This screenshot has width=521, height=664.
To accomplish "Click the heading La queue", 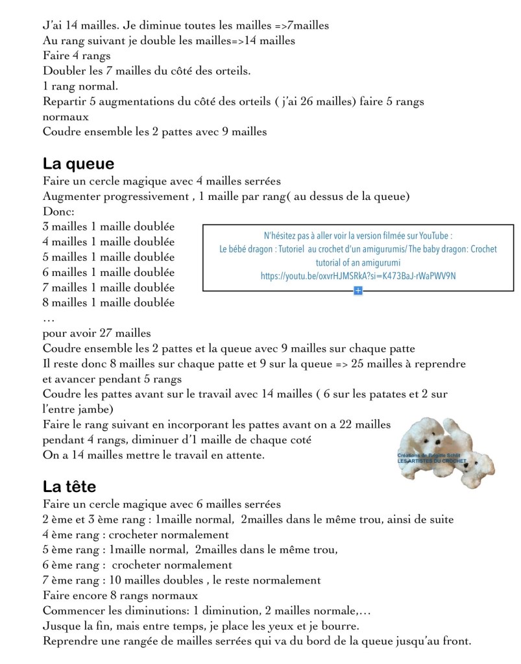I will coord(79,163).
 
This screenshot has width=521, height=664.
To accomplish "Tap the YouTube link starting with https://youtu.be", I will coord(358,276).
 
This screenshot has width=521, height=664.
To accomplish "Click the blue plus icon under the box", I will coord(357,290).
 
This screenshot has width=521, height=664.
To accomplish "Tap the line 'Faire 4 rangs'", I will coord(77,55).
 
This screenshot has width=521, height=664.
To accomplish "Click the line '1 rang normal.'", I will coord(80,86).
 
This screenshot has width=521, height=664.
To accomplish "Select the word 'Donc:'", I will coord(59,212).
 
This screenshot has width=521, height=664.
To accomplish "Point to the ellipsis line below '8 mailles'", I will coord(49,317).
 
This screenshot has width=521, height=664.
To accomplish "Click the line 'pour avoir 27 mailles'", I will coord(97,333).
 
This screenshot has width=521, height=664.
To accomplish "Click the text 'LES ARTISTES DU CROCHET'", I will coord(431,461).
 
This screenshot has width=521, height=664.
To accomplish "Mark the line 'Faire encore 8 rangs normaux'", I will coord(121,595).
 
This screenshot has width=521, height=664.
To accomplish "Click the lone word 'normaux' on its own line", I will coord(66,117).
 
